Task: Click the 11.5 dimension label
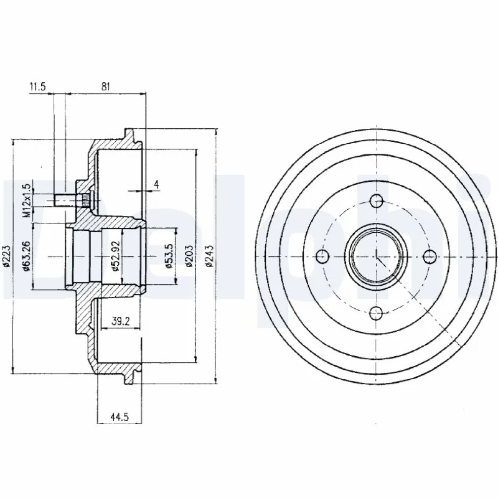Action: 38,87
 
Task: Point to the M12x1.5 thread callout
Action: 27,200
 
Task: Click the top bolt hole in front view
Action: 375,201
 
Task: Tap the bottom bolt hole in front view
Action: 375,312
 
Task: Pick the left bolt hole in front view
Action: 321,256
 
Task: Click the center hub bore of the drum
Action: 375,256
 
